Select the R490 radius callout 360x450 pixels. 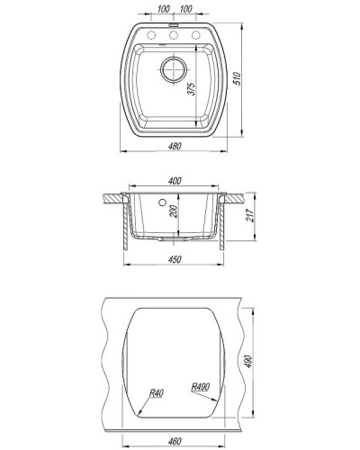[x=201, y=390]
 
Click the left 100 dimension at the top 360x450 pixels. [x=162, y=10]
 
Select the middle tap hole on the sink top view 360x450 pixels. [x=174, y=36]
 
